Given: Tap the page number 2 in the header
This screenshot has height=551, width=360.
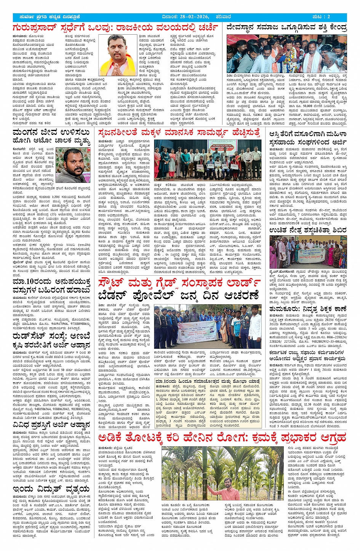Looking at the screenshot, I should (328, 17).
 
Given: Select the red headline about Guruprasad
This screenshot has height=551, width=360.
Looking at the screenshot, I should (115, 28).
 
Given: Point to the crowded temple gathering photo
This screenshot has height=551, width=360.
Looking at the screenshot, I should (286, 54).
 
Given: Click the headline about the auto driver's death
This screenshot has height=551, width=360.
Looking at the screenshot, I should (51, 137).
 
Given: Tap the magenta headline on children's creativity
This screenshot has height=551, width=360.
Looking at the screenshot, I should (179, 133).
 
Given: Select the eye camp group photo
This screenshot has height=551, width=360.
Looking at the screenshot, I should (308, 252).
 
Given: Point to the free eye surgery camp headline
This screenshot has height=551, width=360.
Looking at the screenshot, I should (307, 230).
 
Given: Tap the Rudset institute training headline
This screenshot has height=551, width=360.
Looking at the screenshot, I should (51, 341).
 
